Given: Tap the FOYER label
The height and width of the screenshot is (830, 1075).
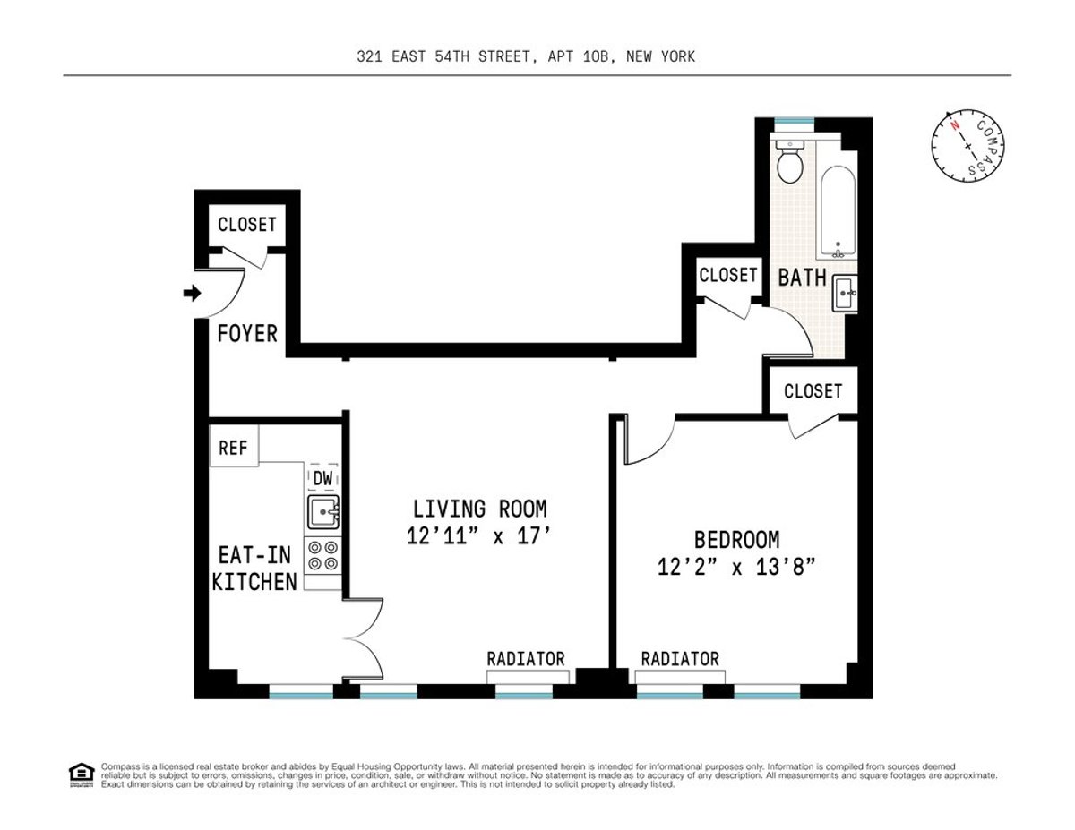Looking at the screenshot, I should [x=247, y=334].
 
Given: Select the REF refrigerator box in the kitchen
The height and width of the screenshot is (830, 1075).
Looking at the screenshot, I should [x=233, y=447].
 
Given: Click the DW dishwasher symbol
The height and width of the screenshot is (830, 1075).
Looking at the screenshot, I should [x=322, y=479].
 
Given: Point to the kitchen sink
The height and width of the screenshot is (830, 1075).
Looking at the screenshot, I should [x=322, y=513].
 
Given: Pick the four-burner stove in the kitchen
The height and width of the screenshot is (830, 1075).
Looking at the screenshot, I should [x=322, y=555].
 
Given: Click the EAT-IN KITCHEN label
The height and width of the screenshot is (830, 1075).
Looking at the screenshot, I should [x=254, y=568].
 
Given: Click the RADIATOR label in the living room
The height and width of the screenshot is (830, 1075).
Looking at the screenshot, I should [x=526, y=659].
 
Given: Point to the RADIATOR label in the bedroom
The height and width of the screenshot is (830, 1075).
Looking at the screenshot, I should [x=680, y=659].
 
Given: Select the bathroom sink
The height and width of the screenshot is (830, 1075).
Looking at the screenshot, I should [x=845, y=292].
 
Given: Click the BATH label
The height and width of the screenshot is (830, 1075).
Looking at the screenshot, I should [x=802, y=278].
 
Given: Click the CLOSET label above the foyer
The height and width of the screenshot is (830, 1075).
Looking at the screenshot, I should [x=246, y=224].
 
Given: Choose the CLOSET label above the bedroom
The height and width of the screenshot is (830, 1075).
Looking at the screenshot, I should [x=813, y=391].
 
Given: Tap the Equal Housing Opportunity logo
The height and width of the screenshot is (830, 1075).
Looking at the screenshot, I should [x=81, y=774].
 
